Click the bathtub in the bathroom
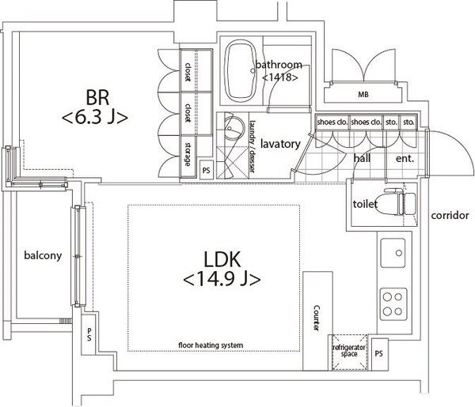241,71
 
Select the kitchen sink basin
393,253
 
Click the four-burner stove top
393,304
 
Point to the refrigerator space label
349,351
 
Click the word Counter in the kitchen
316,318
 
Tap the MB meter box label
363,95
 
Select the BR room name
97,97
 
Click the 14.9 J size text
222,279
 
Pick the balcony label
43,255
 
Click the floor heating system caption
211,345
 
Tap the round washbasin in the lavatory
234,129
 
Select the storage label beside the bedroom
188,154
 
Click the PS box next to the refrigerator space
378,353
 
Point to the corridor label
450,215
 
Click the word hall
362,158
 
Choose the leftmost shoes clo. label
332,122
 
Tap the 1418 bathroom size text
280,77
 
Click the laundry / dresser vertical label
253,147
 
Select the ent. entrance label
405,158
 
